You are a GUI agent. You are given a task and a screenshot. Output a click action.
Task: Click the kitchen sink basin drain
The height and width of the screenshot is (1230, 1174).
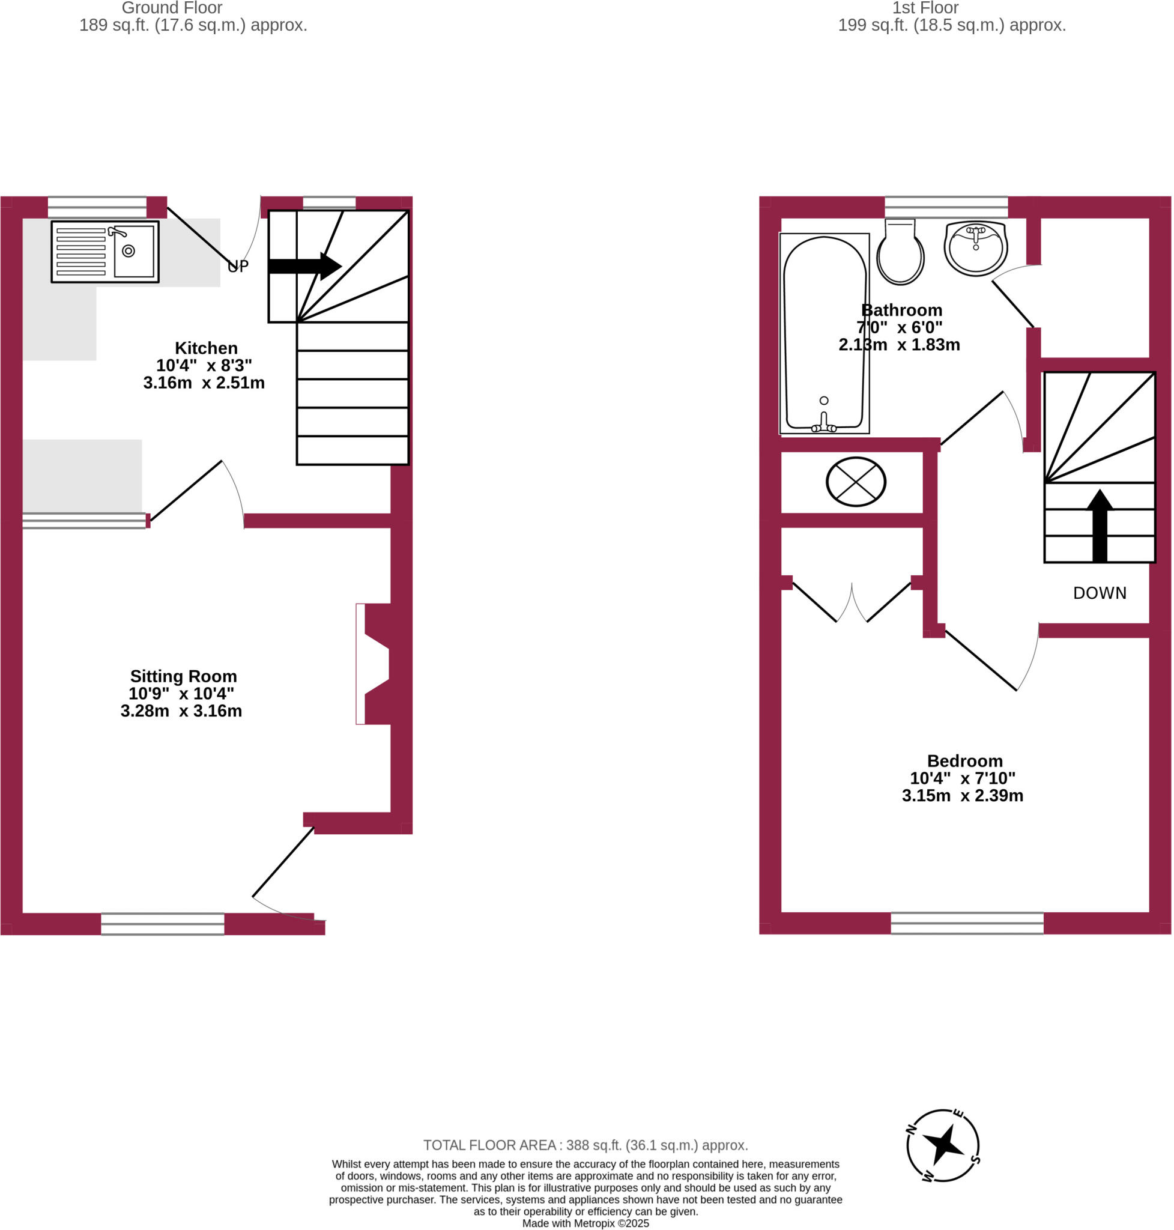129,251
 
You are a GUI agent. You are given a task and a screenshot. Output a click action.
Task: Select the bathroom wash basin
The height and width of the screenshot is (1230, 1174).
976,247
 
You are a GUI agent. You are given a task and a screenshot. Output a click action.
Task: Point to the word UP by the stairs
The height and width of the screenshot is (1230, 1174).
238,267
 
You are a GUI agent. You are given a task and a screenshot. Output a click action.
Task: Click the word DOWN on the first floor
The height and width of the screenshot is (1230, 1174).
1100,593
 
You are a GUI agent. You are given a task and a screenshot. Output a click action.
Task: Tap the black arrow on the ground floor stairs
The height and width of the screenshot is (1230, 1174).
304,266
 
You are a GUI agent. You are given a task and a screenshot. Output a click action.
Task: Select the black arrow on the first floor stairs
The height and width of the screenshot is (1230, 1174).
1100,526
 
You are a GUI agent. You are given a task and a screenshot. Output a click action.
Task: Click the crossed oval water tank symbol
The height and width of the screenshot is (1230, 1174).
856,482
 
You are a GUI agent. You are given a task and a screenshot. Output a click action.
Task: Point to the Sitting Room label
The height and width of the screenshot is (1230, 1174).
183,677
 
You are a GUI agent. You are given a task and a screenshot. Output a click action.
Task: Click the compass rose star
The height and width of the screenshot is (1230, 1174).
944,1145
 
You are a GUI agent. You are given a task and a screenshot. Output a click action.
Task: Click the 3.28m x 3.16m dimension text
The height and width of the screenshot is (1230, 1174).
181,711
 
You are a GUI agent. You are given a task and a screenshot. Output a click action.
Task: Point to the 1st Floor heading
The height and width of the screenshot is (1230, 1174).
925,8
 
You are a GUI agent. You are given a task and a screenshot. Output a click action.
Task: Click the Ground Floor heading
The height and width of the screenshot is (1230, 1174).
172,8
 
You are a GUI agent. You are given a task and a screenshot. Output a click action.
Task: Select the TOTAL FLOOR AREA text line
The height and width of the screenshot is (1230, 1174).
585,1145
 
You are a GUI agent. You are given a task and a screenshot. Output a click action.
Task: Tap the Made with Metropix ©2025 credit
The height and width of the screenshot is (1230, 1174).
585,1224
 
